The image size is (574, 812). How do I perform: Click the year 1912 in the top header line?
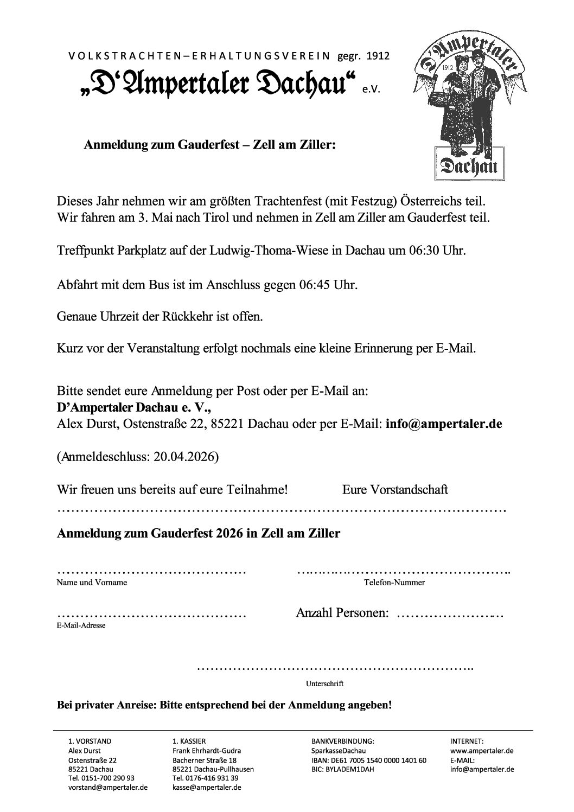coord(378,56)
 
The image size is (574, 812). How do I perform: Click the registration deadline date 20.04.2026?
coord(184,457)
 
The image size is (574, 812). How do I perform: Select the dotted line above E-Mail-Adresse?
coord(152,616)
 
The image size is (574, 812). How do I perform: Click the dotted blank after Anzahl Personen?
coord(450,616)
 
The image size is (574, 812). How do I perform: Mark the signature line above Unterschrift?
coord(335,668)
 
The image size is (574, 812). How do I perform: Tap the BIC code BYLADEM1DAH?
coord(349,769)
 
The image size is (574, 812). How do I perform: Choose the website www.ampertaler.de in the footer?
coord(481,751)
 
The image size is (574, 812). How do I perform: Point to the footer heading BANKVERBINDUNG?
coord(343,741)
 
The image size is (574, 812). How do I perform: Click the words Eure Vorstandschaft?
coord(395,490)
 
